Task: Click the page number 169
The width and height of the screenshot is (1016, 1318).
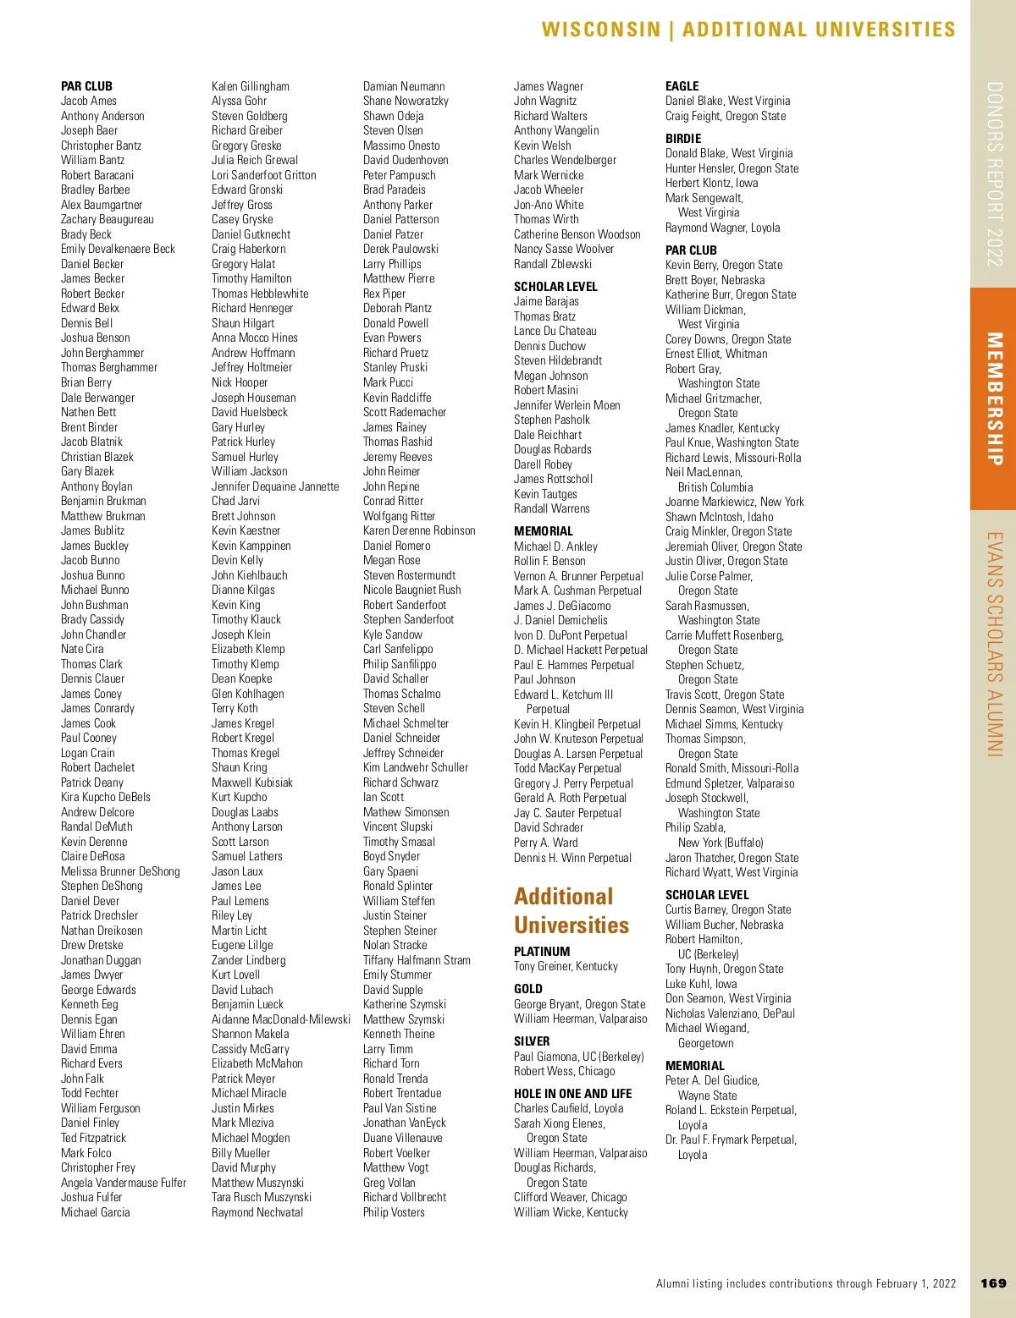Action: [x=993, y=1283]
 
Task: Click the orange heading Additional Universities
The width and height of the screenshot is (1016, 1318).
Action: [x=571, y=911]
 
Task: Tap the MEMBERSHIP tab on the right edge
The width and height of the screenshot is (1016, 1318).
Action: [x=994, y=398]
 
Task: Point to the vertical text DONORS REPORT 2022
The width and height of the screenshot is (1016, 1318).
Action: [x=995, y=174]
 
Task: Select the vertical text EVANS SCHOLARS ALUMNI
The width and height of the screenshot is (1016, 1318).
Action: [x=995, y=644]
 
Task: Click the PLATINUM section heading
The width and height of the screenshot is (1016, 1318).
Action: [x=542, y=952]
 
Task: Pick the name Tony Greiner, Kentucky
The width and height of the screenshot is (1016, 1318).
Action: [x=566, y=966]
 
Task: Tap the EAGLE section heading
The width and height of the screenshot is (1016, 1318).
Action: [x=682, y=86]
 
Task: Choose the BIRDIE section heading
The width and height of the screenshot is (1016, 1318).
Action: [x=683, y=139]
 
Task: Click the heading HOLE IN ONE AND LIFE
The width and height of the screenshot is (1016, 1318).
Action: [x=572, y=1094]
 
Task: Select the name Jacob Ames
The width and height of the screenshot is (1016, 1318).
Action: [x=89, y=101]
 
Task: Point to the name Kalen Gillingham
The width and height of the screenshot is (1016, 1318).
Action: [x=251, y=86]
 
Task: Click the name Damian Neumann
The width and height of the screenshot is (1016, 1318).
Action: [x=404, y=86]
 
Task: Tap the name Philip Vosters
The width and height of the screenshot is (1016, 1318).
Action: [x=394, y=1212]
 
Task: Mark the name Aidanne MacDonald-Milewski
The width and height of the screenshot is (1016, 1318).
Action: [x=281, y=1019]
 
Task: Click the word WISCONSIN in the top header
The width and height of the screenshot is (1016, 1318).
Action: [x=600, y=30]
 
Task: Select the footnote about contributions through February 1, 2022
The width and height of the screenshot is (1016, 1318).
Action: [x=805, y=1283]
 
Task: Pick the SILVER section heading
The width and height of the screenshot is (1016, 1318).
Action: [x=532, y=1041]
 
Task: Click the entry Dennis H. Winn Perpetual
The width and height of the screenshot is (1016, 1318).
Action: [x=572, y=858]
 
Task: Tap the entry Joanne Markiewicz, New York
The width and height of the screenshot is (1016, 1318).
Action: [x=734, y=502]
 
